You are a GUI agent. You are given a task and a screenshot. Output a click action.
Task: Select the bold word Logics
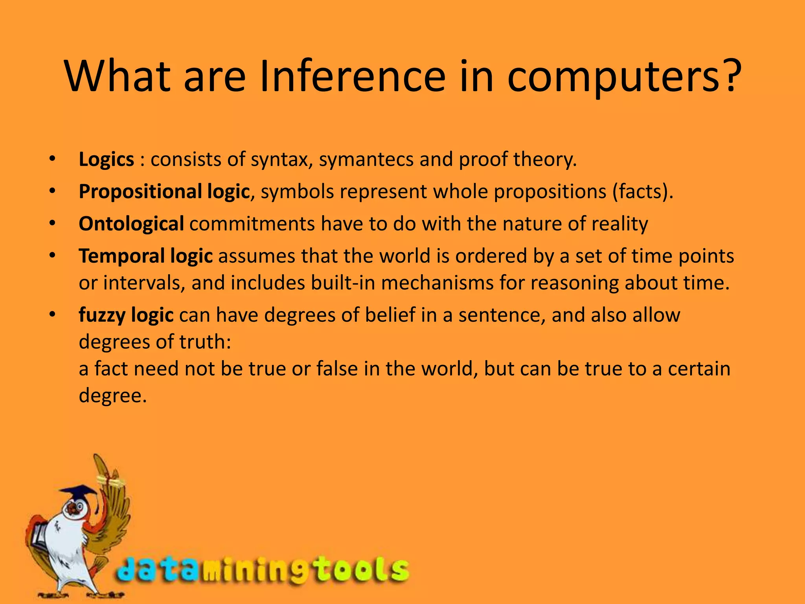point(107,160)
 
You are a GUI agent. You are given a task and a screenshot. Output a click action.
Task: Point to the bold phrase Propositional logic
point(164,192)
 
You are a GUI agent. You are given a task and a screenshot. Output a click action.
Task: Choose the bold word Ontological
point(131,224)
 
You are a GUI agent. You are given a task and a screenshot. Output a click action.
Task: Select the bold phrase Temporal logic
point(146,256)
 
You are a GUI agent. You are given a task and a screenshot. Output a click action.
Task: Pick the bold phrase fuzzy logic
point(126,315)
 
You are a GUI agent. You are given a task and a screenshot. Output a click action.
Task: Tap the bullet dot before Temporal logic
point(53,256)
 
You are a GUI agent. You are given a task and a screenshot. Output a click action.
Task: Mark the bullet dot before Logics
point(53,160)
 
